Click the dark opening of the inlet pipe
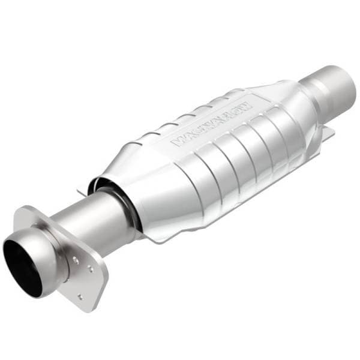pyautogui.click(x=23, y=269)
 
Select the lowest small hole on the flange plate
pyautogui.click(x=80, y=296)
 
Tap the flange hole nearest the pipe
pyautogui.click(x=74, y=261)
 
